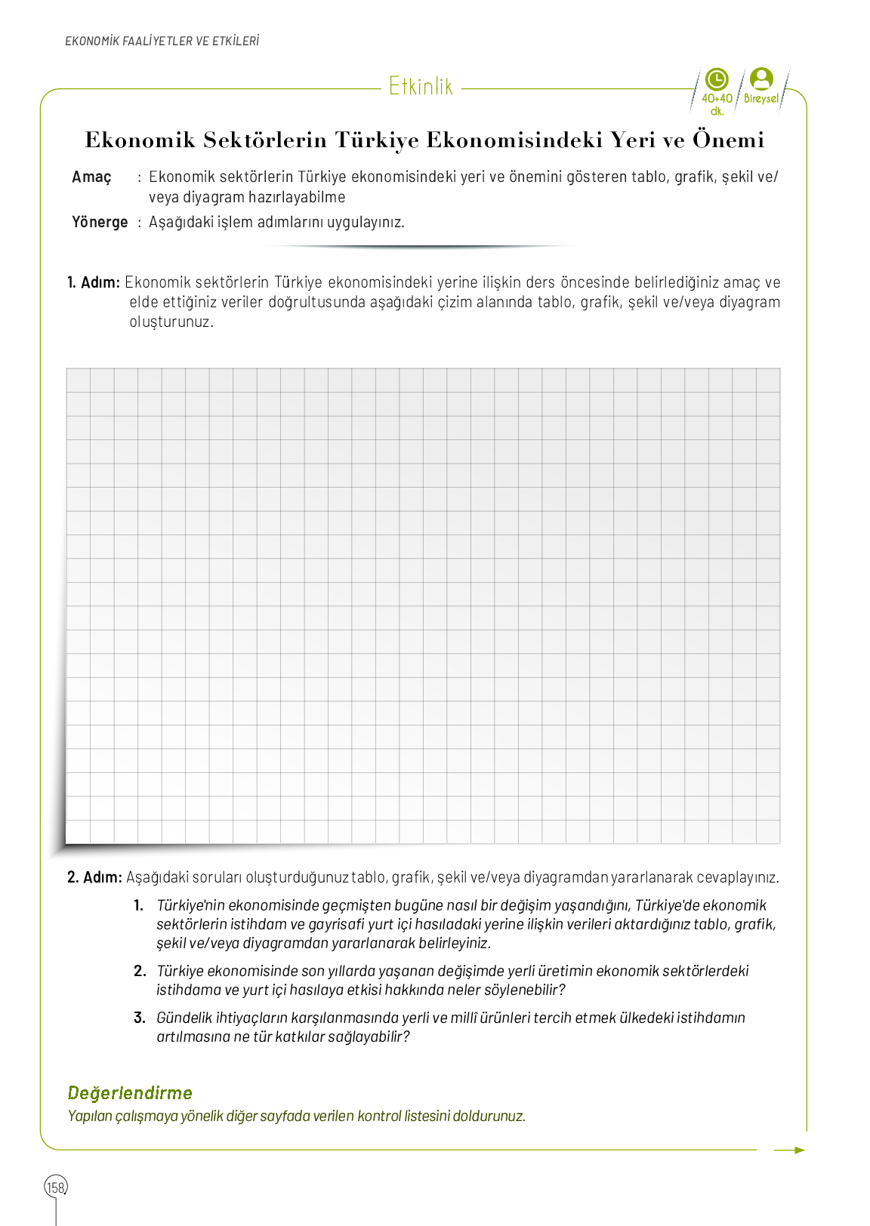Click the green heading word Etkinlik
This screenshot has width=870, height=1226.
click(421, 87)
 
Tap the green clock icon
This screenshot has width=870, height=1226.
click(716, 79)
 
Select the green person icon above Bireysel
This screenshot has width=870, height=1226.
click(761, 79)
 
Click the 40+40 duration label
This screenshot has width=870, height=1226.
click(717, 98)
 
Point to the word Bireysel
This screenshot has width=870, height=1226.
click(760, 99)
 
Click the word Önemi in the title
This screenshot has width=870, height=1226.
click(728, 140)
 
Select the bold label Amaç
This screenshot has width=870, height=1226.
click(91, 177)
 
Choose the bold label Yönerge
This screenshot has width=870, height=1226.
click(100, 222)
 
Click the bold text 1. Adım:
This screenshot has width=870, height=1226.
click(94, 282)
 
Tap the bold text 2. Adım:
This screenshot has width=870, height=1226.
click(94, 877)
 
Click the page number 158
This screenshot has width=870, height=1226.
click(56, 1187)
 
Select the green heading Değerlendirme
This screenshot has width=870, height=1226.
click(130, 1093)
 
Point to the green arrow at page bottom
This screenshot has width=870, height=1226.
click(789, 1150)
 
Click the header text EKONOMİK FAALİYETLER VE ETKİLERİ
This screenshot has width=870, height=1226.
click(162, 42)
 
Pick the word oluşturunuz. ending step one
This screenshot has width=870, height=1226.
click(171, 322)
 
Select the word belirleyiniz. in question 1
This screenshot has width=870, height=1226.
click(455, 943)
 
